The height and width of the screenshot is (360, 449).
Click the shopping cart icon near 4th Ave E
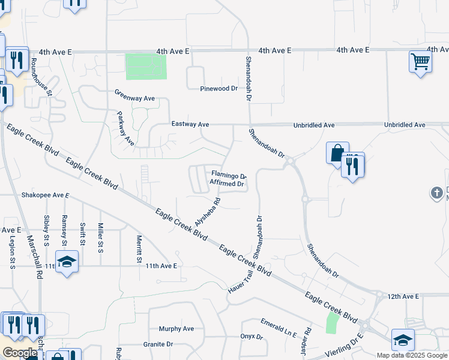tap(420, 61)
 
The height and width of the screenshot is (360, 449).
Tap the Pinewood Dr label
tap(219, 88)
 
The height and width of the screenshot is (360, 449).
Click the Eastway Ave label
tap(190, 124)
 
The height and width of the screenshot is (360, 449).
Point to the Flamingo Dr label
tap(228, 176)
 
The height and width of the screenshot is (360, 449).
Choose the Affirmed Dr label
tap(226, 184)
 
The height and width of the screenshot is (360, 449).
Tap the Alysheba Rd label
tap(208, 212)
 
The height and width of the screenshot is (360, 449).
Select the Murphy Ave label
tap(176, 329)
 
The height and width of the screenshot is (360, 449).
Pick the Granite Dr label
tap(158, 344)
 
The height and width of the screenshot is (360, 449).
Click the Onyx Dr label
tap(252, 337)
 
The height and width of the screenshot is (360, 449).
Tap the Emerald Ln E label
tap(279, 328)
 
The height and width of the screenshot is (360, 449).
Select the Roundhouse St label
tap(42, 77)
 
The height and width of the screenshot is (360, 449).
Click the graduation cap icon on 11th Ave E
tap(67, 262)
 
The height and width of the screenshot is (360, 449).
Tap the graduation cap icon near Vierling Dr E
tap(402, 340)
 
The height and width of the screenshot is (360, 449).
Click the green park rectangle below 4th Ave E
tap(146, 67)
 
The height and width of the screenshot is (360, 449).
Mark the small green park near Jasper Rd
tap(332, 323)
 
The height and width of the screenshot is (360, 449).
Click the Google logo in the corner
tap(20, 353)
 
